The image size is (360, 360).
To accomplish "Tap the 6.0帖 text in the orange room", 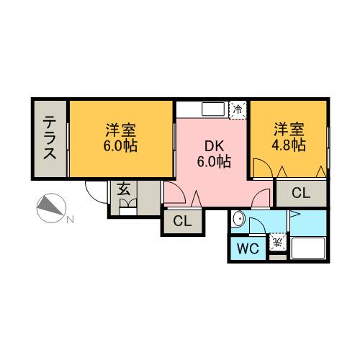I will coord(121,145).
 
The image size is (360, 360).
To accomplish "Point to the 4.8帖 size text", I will coord(288,145).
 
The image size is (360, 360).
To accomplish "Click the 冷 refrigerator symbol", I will coord(237,109).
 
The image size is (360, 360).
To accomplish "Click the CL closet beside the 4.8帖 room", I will coord(301,192).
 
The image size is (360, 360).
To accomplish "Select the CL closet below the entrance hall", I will coord(182,222).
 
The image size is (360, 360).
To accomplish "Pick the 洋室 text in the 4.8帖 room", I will coord(288,130).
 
